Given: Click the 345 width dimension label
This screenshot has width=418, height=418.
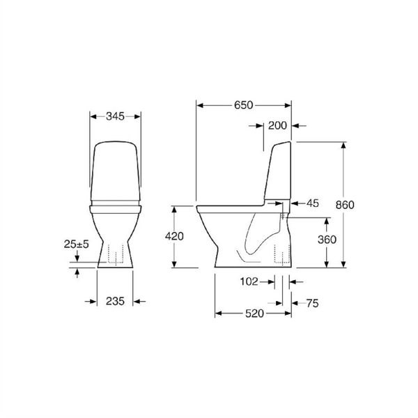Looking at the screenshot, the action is point(115,116).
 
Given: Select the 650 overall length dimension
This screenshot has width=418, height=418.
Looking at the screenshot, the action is point(243,105).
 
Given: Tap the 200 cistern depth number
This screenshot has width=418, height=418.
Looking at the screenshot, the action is point(277,125).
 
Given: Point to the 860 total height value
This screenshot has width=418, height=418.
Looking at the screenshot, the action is point(345,205).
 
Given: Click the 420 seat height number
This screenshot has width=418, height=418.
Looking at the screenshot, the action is point(174,236).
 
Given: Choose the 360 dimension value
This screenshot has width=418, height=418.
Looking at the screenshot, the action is point(327,240).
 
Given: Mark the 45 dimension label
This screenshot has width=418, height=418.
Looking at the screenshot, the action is point(312,203).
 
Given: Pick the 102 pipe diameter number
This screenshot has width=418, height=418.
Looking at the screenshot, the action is point(249,281).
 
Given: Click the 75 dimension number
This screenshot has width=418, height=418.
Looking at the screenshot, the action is point(312,303).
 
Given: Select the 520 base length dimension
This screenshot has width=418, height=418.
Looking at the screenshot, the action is point(254,313).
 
